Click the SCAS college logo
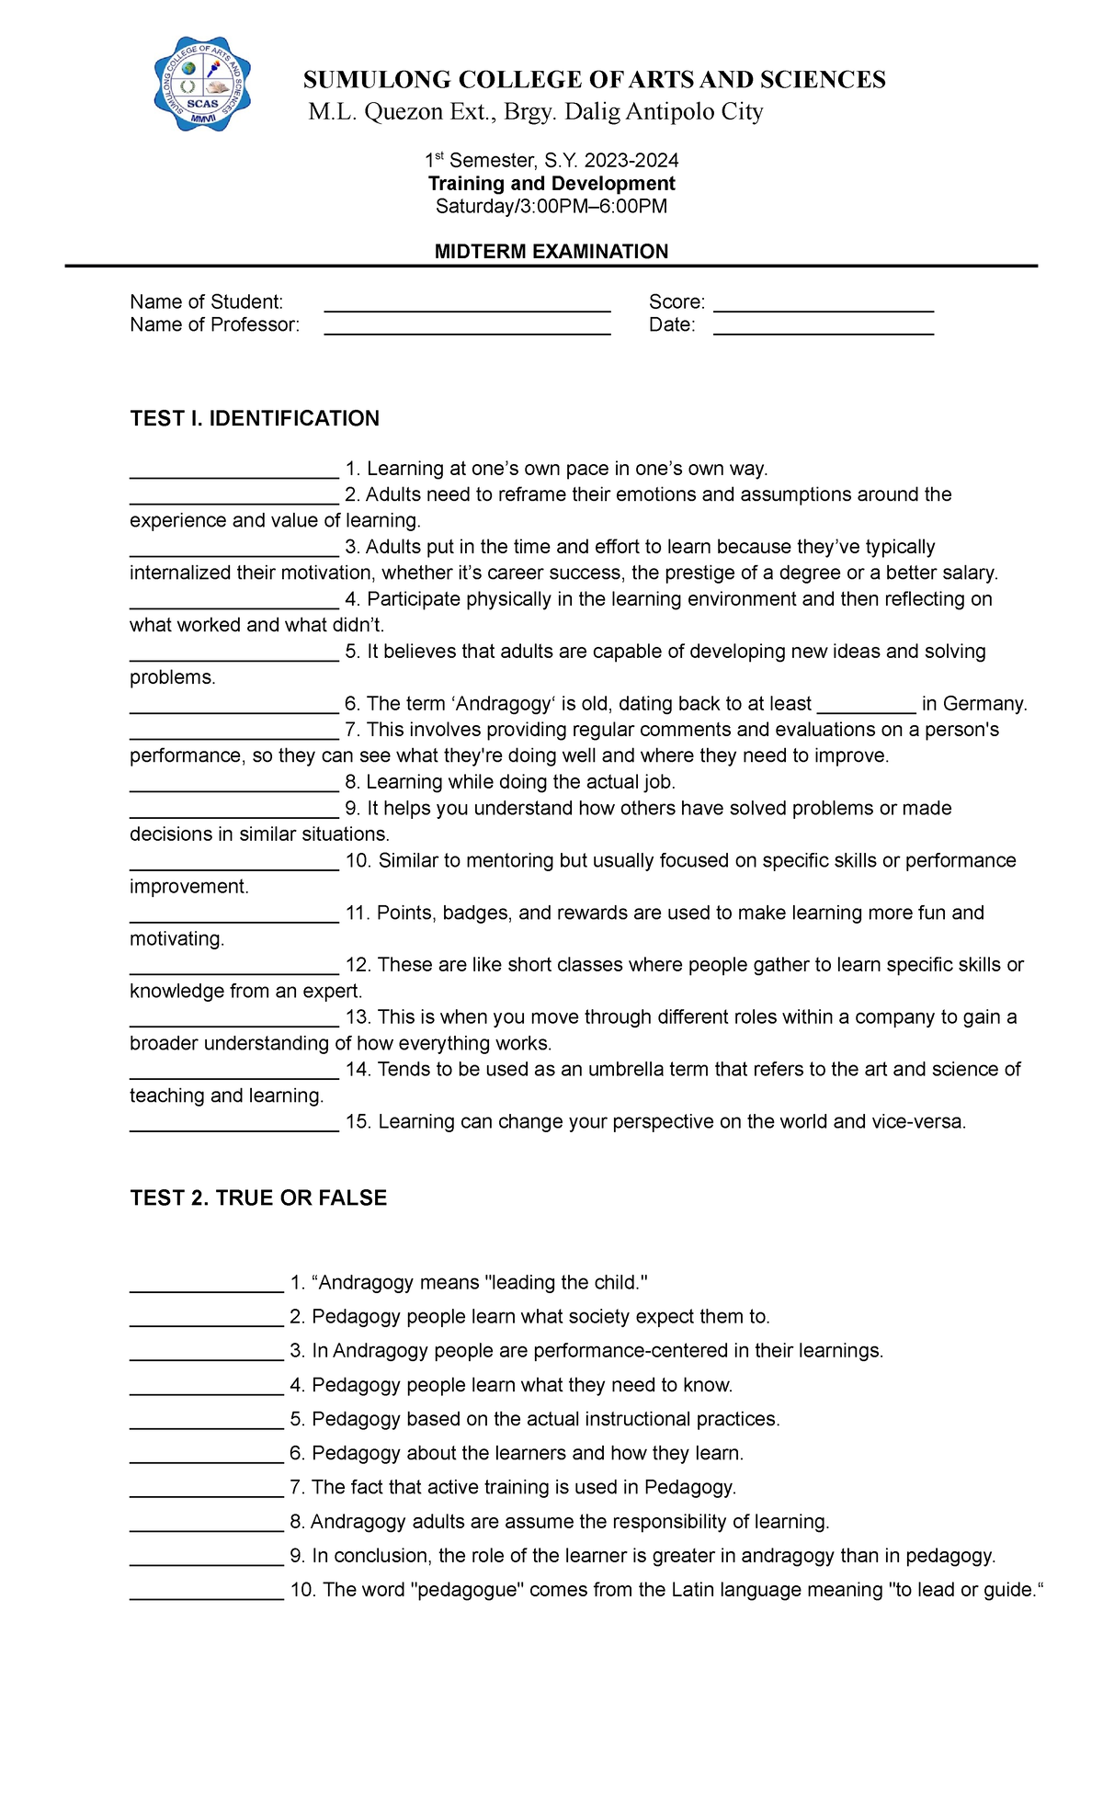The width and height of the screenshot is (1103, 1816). [x=202, y=85]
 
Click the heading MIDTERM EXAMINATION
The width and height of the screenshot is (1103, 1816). [x=551, y=251]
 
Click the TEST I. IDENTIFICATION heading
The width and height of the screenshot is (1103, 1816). [x=255, y=418]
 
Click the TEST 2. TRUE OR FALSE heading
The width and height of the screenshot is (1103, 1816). [x=258, y=1197]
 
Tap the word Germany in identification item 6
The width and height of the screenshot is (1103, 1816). [x=984, y=704]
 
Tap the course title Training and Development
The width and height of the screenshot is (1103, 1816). [x=551, y=183]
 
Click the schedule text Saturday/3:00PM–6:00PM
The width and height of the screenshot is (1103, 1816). [x=551, y=206]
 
